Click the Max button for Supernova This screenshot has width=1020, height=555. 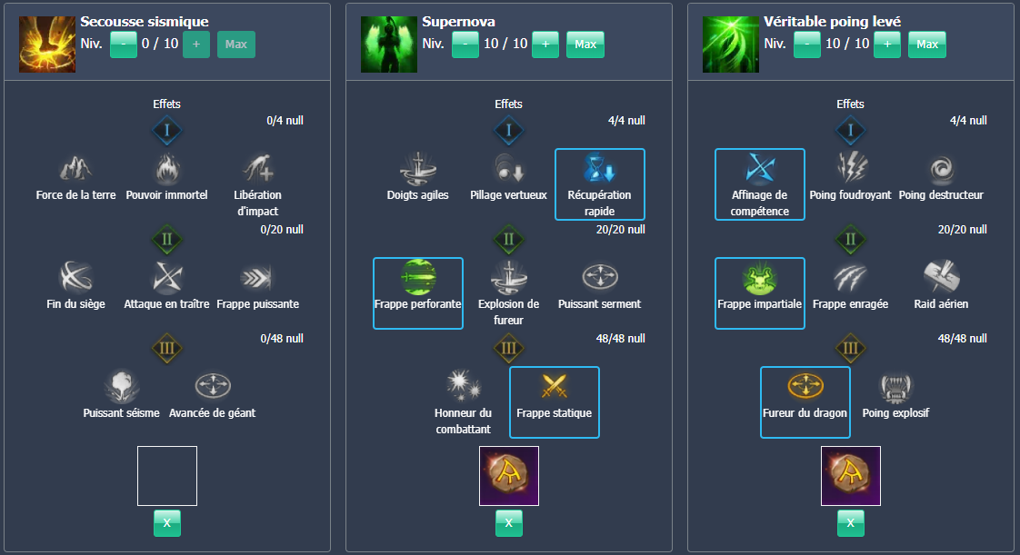coord(585,44)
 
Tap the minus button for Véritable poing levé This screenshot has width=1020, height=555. coord(806,44)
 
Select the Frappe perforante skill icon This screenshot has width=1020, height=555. coord(418,277)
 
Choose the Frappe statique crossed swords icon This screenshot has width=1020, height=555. coord(555,386)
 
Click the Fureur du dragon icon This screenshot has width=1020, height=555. coord(805,386)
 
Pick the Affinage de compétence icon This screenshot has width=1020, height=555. coord(760,168)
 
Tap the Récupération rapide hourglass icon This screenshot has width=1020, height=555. coord(600,168)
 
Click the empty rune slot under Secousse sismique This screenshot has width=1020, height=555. coord(167,475)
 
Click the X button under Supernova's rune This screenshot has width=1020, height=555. coord(509,522)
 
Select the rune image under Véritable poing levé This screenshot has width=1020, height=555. coord(851,475)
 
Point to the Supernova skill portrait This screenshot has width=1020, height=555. coord(389,45)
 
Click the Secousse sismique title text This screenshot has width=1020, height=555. coord(145,21)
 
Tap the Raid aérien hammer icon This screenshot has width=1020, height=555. coord(941,276)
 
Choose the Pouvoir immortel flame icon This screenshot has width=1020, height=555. coord(167,168)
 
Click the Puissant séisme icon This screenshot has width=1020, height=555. coord(122,386)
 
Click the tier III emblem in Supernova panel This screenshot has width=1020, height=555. coord(509,348)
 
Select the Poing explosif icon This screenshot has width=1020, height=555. coord(895,386)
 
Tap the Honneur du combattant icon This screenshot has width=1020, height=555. coord(463,386)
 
